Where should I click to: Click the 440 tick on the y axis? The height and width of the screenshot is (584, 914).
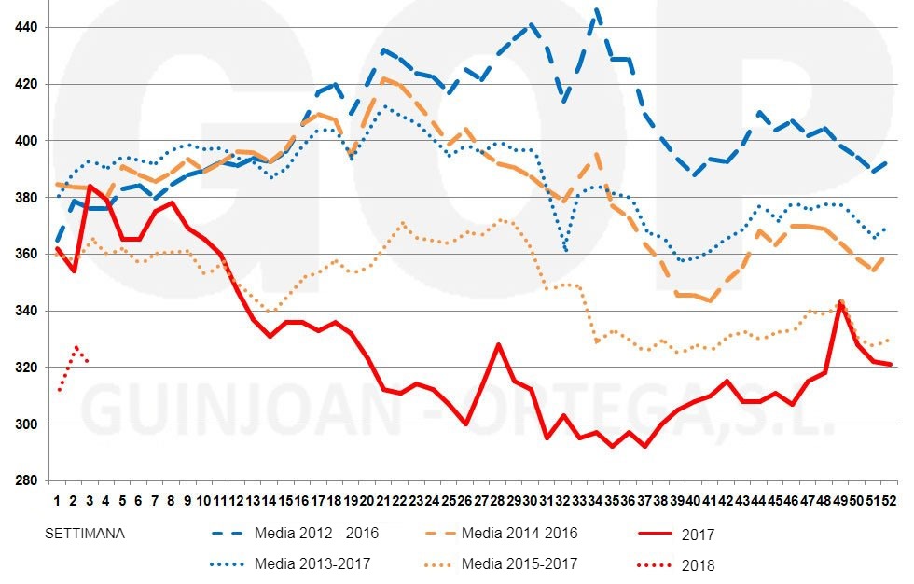(x=26, y=28)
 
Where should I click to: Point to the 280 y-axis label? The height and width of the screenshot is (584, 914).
(x=26, y=481)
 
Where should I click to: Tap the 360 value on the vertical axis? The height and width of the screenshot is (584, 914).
(x=26, y=255)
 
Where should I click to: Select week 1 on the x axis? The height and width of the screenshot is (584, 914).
(x=58, y=499)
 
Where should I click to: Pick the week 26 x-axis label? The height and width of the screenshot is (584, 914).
(x=466, y=499)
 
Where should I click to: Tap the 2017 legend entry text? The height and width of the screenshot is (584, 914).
(x=697, y=535)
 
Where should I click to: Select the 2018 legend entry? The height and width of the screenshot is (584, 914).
(x=697, y=565)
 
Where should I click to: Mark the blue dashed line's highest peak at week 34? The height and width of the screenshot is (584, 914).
(x=597, y=11)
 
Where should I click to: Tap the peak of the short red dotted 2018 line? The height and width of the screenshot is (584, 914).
(x=77, y=347)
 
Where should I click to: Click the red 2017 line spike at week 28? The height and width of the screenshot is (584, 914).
(x=499, y=344)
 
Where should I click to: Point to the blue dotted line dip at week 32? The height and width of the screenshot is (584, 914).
(x=565, y=249)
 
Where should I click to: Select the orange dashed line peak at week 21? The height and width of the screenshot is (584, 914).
(x=384, y=79)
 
